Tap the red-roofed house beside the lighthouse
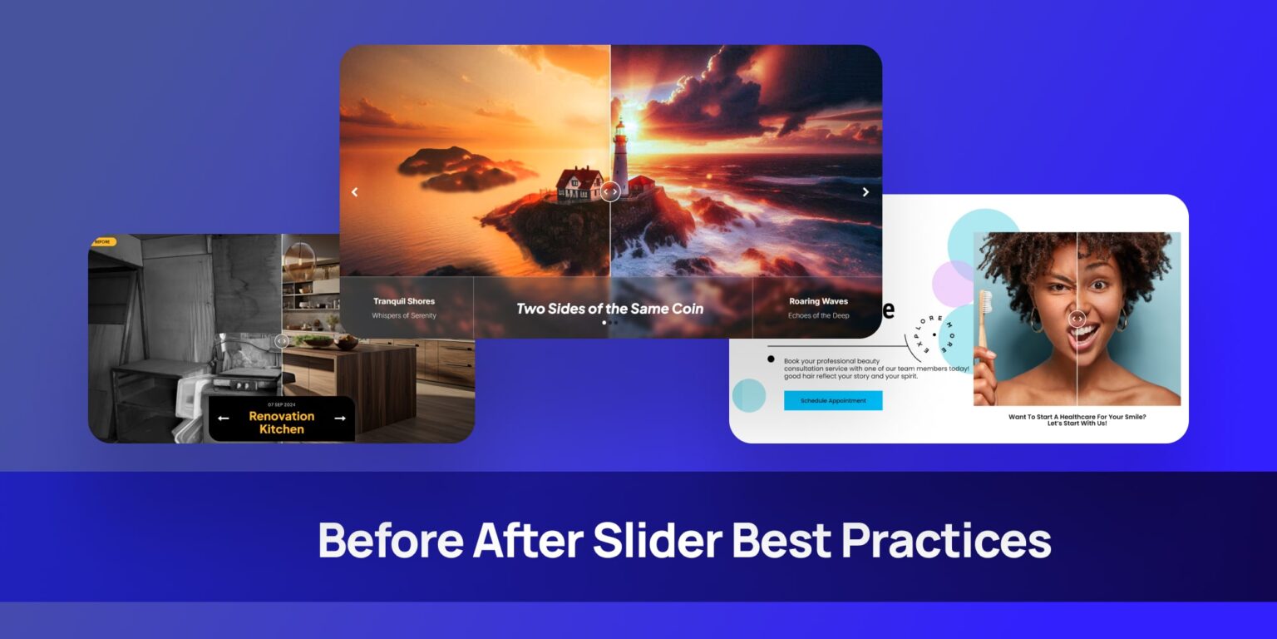[x=579, y=183]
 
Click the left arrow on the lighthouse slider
[x=355, y=192]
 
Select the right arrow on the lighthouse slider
[x=865, y=192]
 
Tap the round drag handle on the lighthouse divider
[x=610, y=192]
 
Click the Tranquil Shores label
[x=404, y=301]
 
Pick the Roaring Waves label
[x=818, y=301]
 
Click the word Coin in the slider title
[x=682, y=309]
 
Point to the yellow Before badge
[x=103, y=242]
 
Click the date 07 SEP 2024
[x=282, y=404]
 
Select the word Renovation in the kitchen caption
[x=282, y=416]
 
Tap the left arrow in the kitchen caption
[x=223, y=419]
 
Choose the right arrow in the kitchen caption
[x=340, y=419]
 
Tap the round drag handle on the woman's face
[x=1077, y=318]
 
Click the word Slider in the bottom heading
[x=657, y=541]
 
